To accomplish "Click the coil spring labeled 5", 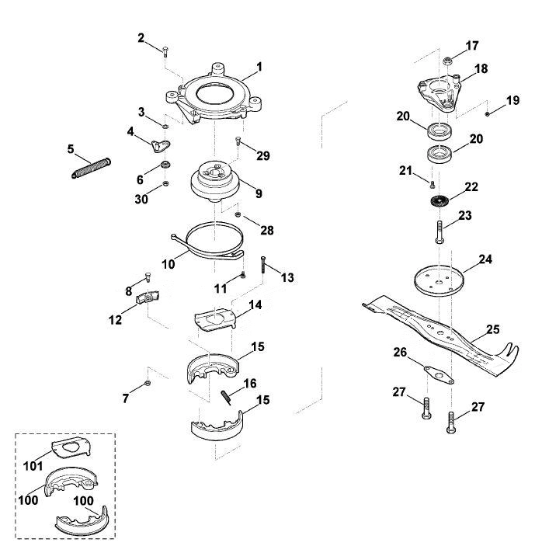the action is [91, 169].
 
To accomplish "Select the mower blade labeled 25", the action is [440, 335].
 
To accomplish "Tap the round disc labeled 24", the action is [439, 280].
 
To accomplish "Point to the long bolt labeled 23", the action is [439, 232].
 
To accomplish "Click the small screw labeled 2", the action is [165, 51].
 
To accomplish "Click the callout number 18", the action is [481, 68].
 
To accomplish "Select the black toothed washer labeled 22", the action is [438, 202].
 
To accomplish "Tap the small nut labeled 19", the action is [488, 113].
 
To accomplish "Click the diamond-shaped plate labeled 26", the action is [439, 374].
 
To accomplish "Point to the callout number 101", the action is [33, 466].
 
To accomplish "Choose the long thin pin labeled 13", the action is [263, 265].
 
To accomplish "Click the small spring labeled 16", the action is [226, 397].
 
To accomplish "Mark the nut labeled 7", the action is [148, 384].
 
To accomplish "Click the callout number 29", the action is [263, 155].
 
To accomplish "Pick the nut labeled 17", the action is [447, 61].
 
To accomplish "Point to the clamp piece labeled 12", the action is [148, 297].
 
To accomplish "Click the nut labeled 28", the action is [238, 214].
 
